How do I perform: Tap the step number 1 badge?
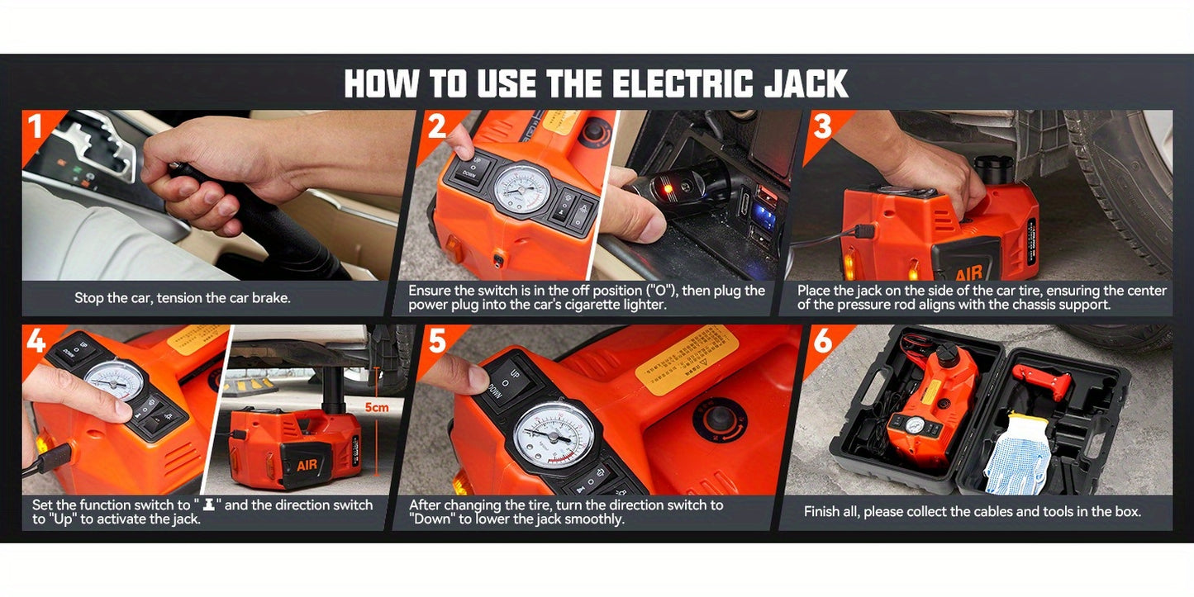36,127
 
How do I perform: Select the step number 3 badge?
822,127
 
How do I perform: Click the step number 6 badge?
822,341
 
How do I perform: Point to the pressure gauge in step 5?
553,434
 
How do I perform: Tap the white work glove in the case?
1016,453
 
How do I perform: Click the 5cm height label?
376,407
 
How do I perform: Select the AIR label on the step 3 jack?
968,273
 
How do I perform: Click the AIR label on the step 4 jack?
307,465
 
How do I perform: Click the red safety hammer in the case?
1043,380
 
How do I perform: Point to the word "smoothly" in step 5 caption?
594,519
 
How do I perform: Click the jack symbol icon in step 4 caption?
209,505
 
